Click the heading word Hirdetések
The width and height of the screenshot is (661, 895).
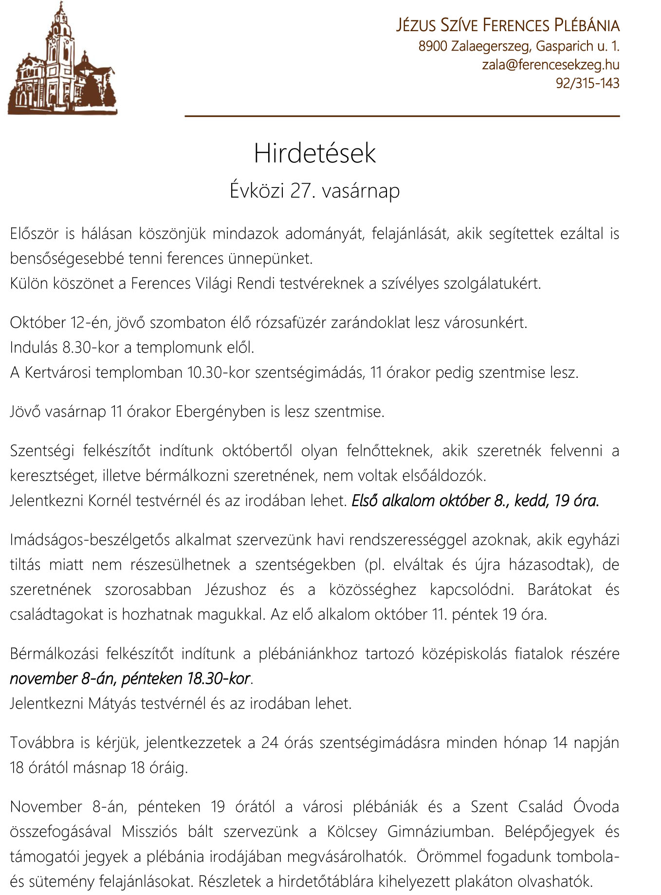coord(314,153)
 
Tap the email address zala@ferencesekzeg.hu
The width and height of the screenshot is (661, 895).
coord(551,65)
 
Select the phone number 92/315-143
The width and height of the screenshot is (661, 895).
coord(588,83)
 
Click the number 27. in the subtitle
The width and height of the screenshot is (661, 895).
coord(302,190)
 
